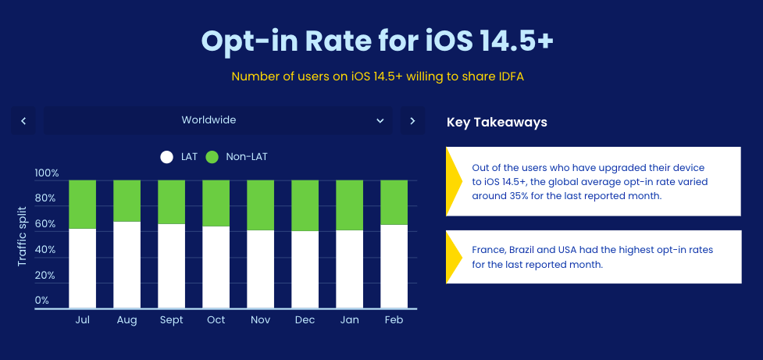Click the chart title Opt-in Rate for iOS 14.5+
[x=377, y=40]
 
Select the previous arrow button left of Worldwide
[x=23, y=120]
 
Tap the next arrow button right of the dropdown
[x=412, y=120]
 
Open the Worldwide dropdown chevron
[x=380, y=120]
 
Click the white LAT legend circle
[x=166, y=157]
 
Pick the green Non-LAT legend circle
[x=212, y=157]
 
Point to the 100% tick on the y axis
[x=47, y=173]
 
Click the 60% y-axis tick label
[x=45, y=224]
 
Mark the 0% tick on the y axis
[x=42, y=301]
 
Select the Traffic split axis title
[x=22, y=236]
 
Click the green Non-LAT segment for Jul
[x=82, y=204]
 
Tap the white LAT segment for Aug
[x=127, y=265]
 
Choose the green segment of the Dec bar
[x=305, y=205]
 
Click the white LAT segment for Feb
[x=394, y=266]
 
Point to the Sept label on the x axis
[x=171, y=320]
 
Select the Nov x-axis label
[x=260, y=320]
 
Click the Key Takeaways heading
[x=497, y=123]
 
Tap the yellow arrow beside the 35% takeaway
[x=454, y=181]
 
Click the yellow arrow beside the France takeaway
[x=453, y=257]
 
